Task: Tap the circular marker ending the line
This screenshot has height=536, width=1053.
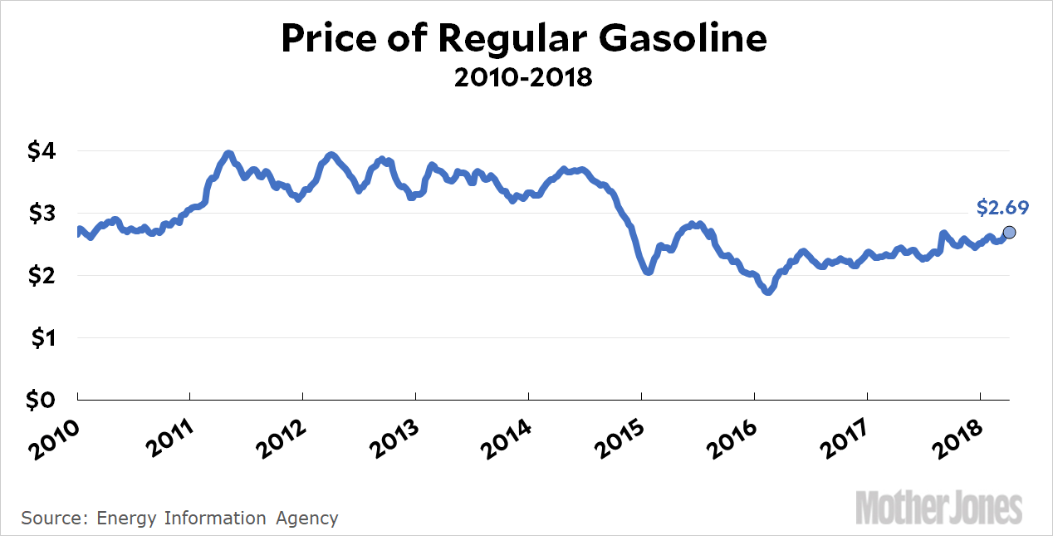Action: (x=1010, y=232)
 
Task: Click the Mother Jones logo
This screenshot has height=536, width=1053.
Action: (x=939, y=507)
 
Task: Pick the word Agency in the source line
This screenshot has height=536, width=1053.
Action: (x=306, y=519)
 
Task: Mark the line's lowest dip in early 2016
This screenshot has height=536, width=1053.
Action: (x=768, y=292)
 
